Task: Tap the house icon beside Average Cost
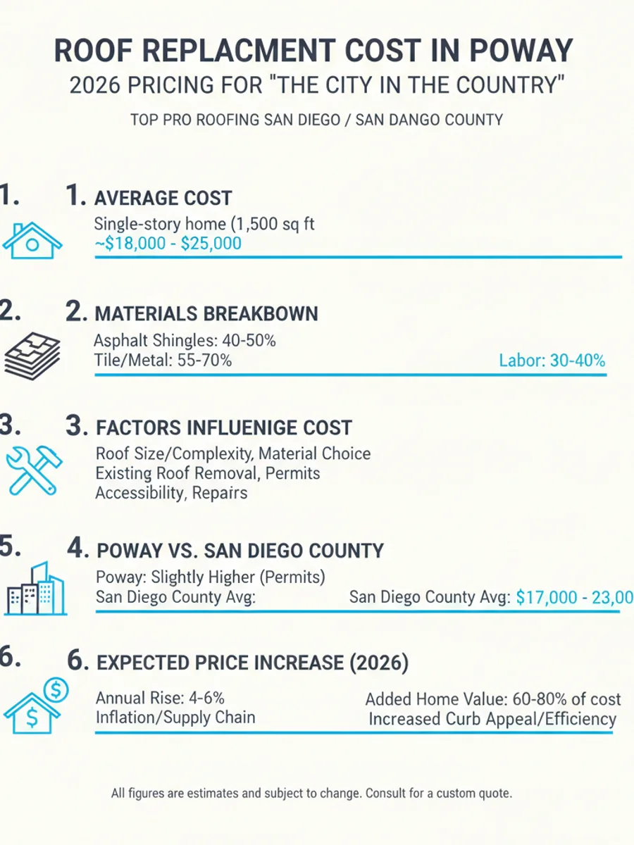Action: coord(32,241)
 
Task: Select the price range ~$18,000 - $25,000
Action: coord(168,244)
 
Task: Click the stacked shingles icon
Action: coord(32,356)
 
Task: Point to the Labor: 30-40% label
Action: coord(552,361)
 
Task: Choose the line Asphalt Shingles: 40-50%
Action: coord(185,340)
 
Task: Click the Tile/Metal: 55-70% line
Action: coord(163,361)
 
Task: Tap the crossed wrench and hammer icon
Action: coord(34,470)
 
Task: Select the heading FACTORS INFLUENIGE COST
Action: coord(223,427)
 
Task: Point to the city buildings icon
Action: coord(35,588)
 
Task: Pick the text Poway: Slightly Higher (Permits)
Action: coord(210,577)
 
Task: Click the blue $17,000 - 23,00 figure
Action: coord(575,597)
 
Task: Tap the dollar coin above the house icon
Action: coord(56,689)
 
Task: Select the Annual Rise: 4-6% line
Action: coord(160,698)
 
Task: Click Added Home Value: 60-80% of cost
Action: coord(493,699)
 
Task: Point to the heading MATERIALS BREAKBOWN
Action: coord(206,314)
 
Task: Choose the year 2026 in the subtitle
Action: coord(94,85)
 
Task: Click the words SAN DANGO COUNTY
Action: coord(429,120)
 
